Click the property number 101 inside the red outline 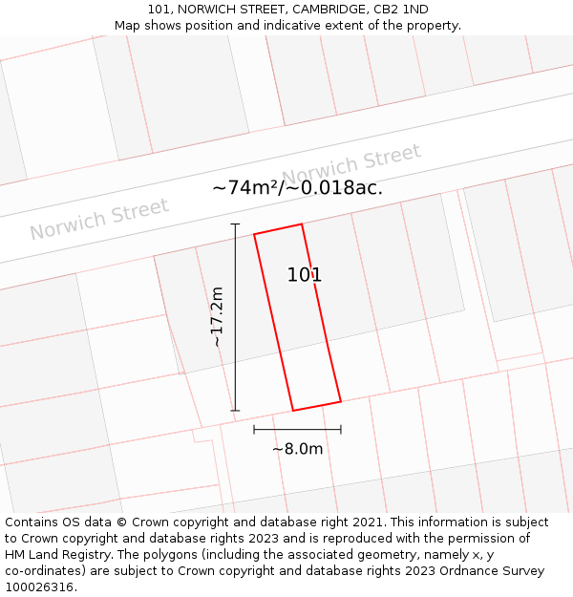click(305, 275)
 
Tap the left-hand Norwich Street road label click(99, 219)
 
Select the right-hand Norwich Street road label click(351, 164)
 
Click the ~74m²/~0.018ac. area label click(297, 187)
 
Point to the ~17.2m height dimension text click(217, 317)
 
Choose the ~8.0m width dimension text click(297, 449)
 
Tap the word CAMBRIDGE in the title click(327, 10)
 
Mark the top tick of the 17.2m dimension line click(235, 224)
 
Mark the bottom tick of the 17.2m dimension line click(235, 411)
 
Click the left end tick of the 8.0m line click(254, 430)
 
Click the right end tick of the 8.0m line click(341, 430)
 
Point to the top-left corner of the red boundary click(254, 234)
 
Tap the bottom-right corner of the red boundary click(341, 401)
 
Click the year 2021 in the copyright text click(368, 522)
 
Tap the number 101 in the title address click(159, 10)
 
